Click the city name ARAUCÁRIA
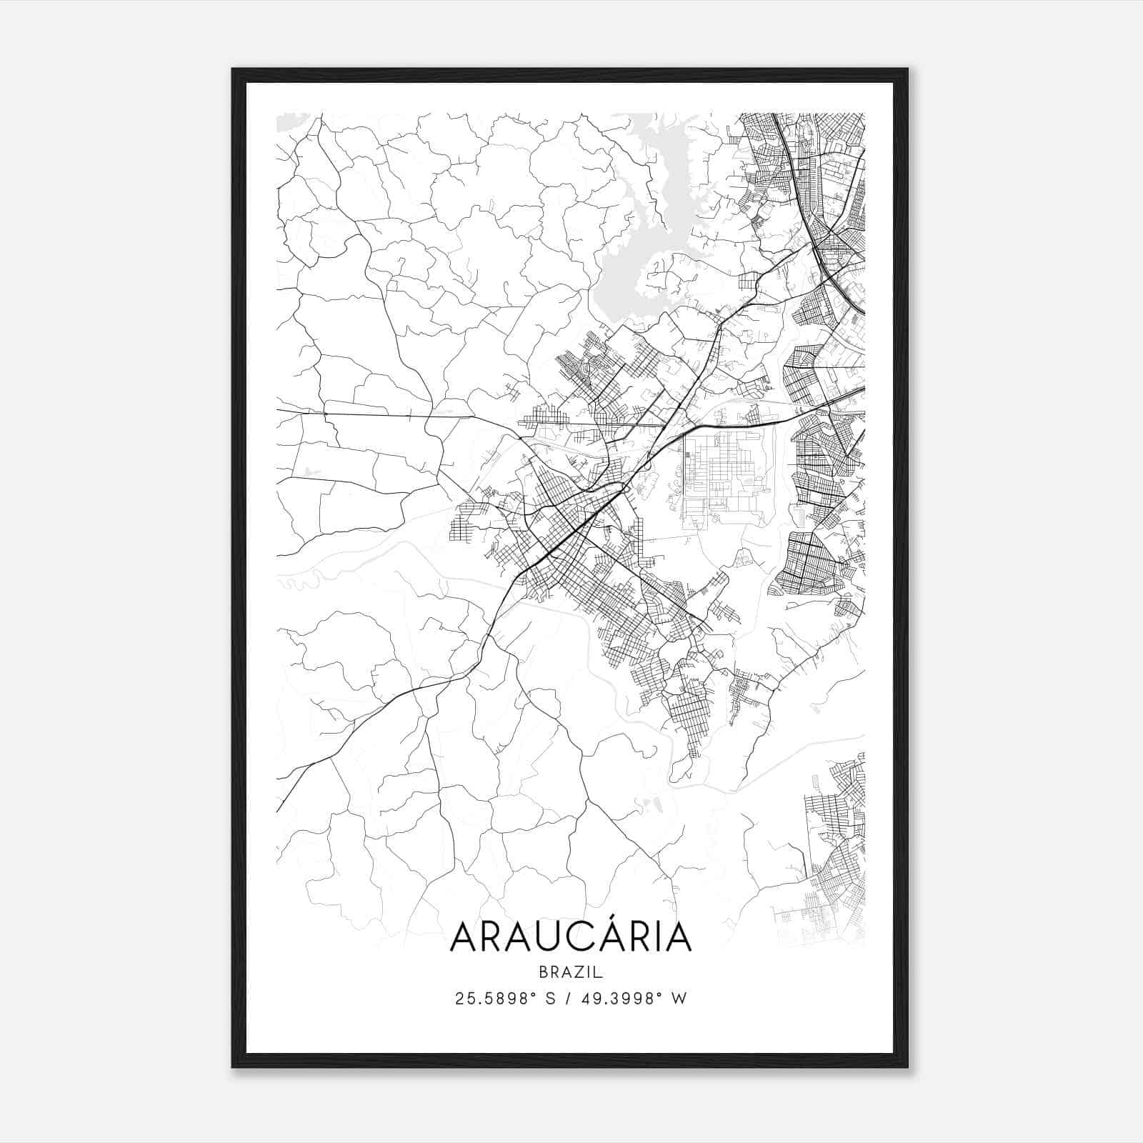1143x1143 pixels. (x=571, y=937)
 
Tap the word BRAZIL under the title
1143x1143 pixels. (x=571, y=972)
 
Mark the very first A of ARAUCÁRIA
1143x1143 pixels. (x=464, y=937)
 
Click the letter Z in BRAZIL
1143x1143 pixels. (x=580, y=972)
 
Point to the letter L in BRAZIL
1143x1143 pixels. (x=599, y=972)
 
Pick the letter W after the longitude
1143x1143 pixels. (x=679, y=999)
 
